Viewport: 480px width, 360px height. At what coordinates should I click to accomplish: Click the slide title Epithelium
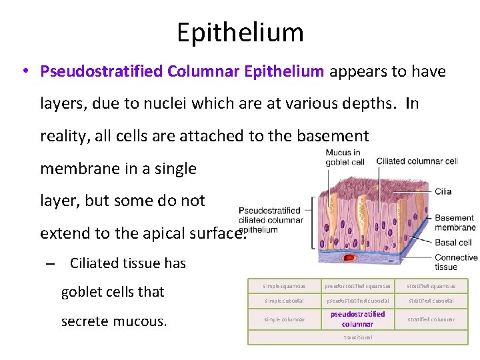[x=240, y=32]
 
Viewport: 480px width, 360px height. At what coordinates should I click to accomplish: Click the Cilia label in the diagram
[x=443, y=191]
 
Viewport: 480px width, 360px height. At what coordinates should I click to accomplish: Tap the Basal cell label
[x=453, y=243]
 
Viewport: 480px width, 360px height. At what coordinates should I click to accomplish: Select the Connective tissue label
[x=455, y=262]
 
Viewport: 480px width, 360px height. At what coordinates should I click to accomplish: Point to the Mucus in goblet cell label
[x=344, y=157]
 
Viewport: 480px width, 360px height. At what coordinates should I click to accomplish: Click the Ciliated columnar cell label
[x=417, y=161]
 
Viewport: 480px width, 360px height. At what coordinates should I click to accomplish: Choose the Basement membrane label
[x=454, y=222]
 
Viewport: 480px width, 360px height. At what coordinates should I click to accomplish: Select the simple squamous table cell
[x=280, y=286]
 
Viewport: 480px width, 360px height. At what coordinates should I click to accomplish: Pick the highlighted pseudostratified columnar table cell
[x=357, y=319]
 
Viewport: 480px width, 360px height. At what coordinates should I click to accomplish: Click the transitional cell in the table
[x=357, y=337]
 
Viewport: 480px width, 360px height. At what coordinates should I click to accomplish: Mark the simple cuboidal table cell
[x=280, y=300]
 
